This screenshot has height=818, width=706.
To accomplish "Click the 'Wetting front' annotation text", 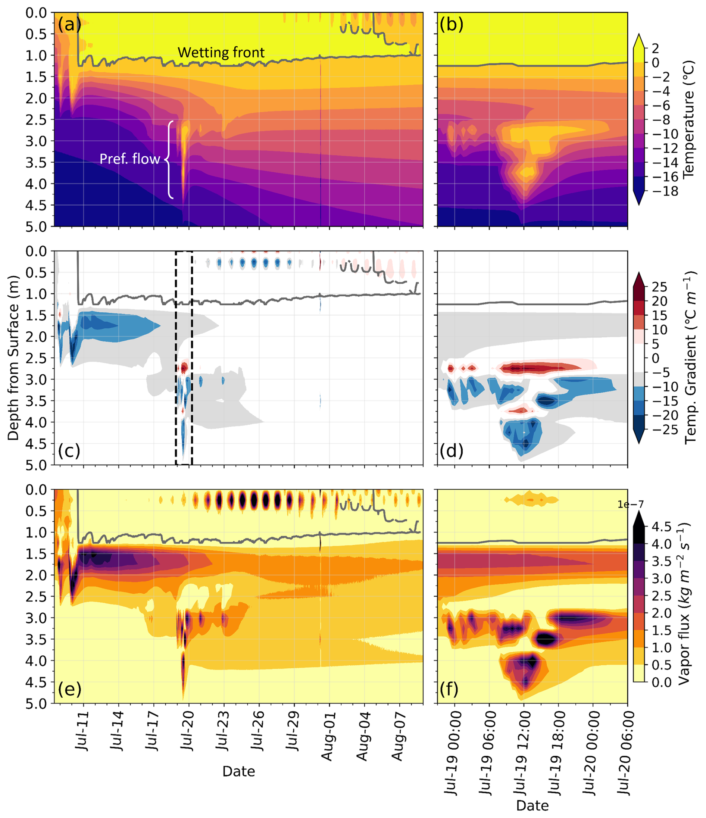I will pyautogui.click(x=221, y=53).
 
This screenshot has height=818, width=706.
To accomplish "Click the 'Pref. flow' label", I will pyautogui.click(x=129, y=159).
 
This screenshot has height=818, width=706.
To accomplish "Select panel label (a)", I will pyautogui.click(x=69, y=25).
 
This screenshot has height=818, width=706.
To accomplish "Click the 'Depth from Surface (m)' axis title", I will pyautogui.click(x=13, y=358).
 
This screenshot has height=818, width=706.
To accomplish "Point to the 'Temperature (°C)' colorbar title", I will pyautogui.click(x=688, y=118).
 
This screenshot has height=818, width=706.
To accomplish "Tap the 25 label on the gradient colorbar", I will pyautogui.click(x=659, y=287).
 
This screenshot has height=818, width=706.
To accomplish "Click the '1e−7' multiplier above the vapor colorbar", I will pyautogui.click(x=631, y=504).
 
